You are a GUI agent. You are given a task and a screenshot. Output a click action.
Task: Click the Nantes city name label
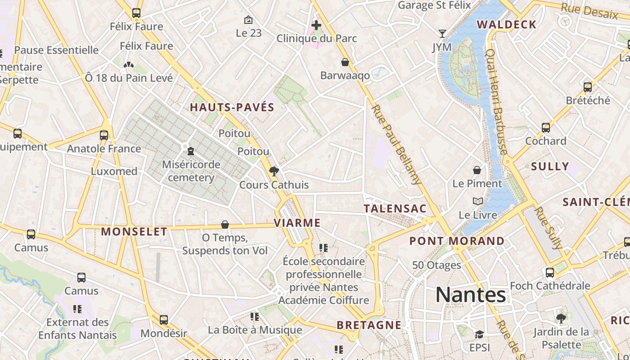(470, 295)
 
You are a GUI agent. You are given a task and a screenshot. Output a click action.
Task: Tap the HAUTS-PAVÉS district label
(232, 107)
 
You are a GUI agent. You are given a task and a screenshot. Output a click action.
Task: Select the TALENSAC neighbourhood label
(395, 208)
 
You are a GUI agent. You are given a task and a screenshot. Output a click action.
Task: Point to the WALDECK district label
(506, 24)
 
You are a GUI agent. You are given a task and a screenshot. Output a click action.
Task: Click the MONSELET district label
(134, 232)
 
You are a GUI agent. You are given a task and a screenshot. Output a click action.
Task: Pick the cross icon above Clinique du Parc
(316, 25)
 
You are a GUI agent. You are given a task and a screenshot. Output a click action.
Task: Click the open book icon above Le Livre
(477, 202)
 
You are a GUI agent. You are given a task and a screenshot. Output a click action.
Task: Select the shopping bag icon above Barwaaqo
(345, 62)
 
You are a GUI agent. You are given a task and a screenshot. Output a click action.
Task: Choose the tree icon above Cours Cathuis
(274, 171)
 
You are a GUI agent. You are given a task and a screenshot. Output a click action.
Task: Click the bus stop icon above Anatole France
(104, 135)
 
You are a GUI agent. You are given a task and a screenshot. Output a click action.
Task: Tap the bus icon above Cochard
(546, 128)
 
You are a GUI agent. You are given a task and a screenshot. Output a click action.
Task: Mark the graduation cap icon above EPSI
(479, 334)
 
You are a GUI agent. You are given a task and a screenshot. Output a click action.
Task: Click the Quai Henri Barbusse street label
(497, 102)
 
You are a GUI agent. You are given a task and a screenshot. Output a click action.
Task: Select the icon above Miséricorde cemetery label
(191, 151)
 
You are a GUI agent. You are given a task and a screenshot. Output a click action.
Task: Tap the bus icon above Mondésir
(164, 320)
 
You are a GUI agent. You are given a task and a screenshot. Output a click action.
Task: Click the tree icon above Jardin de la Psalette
(561, 319)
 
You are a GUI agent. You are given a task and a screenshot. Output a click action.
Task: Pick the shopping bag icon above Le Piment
(477, 170)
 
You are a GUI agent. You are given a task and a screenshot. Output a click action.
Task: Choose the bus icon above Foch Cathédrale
(550, 272)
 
